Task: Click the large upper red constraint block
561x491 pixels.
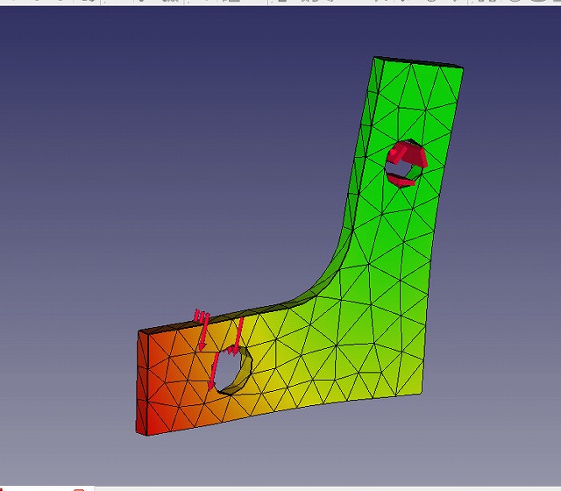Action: pos(408,155)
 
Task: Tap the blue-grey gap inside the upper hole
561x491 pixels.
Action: pos(406,170)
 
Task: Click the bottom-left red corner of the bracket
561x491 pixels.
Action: pos(138,433)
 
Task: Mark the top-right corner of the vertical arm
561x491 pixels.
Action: pos(463,67)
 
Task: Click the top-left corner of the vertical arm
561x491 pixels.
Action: pos(376,57)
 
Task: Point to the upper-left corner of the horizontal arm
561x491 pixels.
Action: pos(138,331)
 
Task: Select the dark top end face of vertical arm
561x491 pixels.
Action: pos(419,61)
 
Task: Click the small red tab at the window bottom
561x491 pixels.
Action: pos(79,487)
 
